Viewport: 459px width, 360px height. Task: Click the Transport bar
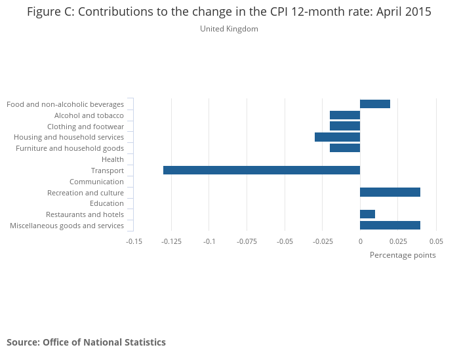[x=262, y=170]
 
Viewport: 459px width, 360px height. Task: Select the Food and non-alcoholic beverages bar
[x=375, y=104]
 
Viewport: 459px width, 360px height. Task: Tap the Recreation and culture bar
[x=390, y=192]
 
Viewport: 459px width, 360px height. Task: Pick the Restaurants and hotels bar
[x=367, y=214]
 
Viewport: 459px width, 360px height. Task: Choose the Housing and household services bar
[x=337, y=137]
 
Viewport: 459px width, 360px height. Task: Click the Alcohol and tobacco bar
[x=345, y=115]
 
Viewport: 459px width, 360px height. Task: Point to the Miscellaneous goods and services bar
[x=390, y=226]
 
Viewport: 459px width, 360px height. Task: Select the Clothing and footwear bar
[x=345, y=126]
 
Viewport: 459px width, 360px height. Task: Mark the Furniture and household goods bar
[x=345, y=148]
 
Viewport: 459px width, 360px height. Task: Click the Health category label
[x=113, y=159]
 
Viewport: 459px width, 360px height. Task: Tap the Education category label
[x=107, y=203]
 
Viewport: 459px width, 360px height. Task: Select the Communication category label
[x=96, y=182]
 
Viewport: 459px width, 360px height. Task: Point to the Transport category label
[x=108, y=170]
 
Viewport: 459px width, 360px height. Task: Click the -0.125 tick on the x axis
[x=172, y=241]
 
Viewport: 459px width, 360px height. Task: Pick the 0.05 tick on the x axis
[x=436, y=241]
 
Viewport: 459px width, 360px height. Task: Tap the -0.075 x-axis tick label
[x=247, y=241]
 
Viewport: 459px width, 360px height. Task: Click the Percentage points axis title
[x=403, y=255]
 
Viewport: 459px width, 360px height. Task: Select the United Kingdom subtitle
[x=229, y=29]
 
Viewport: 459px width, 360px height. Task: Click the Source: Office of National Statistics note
[x=86, y=342]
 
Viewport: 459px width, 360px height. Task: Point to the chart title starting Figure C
[x=229, y=12]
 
